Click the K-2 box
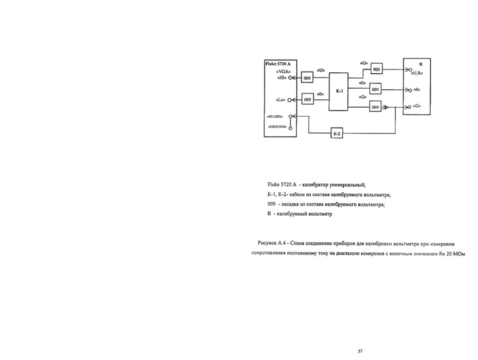click(336, 134)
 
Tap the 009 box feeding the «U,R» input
click(375, 70)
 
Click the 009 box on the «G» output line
click(375, 107)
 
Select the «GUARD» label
click(277, 116)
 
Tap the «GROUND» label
click(277, 127)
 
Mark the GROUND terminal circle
click(291, 127)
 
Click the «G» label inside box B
click(415, 107)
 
